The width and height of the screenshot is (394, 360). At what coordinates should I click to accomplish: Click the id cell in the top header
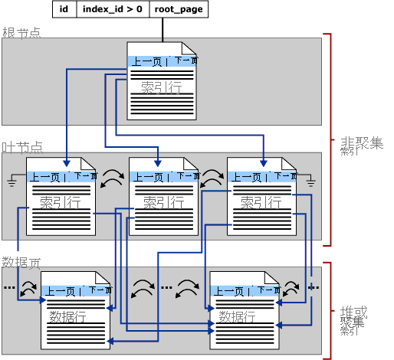click(64, 10)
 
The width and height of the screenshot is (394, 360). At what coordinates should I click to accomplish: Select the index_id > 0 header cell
click(112, 10)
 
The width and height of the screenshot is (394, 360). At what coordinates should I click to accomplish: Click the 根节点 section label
click(21, 33)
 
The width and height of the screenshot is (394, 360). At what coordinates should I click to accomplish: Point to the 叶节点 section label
click(21, 147)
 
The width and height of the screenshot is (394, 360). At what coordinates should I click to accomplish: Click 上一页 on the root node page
click(146, 61)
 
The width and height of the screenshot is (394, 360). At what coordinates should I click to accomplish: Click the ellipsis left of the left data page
click(9, 289)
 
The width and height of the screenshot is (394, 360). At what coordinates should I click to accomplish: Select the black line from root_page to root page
click(163, 30)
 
